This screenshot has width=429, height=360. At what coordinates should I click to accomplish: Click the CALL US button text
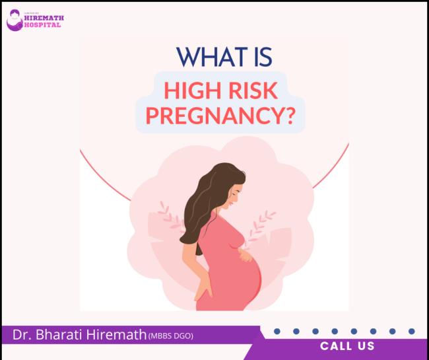(347, 346)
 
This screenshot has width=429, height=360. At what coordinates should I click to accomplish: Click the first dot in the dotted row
(277, 331)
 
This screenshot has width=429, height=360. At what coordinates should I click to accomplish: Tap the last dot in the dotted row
(412, 331)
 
